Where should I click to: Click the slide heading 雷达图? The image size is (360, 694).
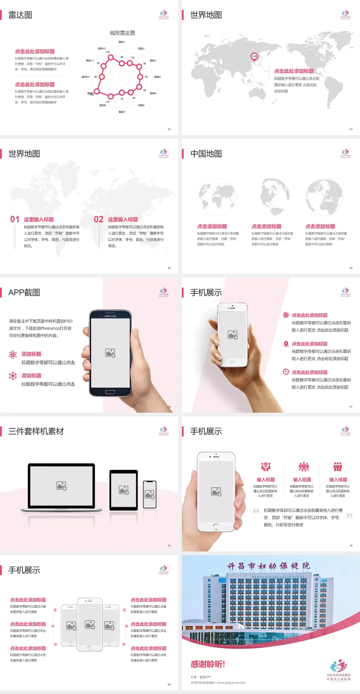pos(20,15)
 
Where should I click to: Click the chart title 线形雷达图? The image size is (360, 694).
pos(122,33)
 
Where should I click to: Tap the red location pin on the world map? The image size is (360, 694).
pos(254,56)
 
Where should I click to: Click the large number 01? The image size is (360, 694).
pos(15,219)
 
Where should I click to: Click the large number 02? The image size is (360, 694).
pos(99,219)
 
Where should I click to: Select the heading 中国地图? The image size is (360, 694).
pos(206,154)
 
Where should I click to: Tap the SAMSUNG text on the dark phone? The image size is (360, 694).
pos(110,316)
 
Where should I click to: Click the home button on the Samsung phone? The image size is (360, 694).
pos(110,392)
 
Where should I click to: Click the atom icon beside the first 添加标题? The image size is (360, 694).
pos(13,355)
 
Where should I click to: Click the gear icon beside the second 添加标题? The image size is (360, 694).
pos(13,376)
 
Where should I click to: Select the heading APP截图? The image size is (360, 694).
pos(24,293)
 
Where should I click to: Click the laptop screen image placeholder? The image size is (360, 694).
pos(61,486)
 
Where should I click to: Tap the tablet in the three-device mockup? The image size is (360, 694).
pos(124,490)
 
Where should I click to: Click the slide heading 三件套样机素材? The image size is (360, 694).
pos(36,431)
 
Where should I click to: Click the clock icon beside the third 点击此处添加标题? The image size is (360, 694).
pos(286,372)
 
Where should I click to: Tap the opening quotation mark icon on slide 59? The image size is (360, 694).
pos(256,511)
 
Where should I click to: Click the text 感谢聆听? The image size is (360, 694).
pos(208,664)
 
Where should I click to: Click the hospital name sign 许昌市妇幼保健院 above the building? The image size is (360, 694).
pos(268,566)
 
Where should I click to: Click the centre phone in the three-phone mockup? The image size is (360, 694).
pos(90,624)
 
